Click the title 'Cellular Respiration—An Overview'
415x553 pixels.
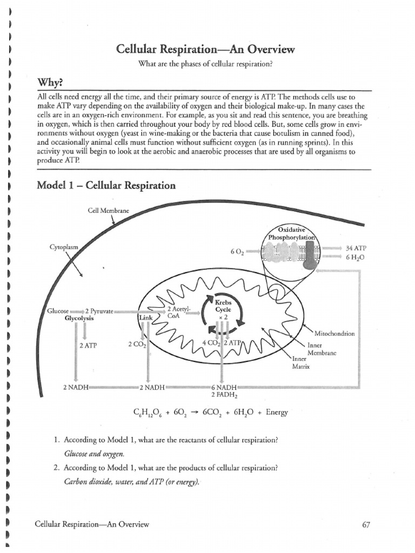(x=206, y=50)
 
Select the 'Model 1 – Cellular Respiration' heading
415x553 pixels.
(x=106, y=185)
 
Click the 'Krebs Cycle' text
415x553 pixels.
(x=223, y=307)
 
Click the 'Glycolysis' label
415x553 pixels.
(x=79, y=319)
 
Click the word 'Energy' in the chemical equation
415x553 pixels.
(x=277, y=413)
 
